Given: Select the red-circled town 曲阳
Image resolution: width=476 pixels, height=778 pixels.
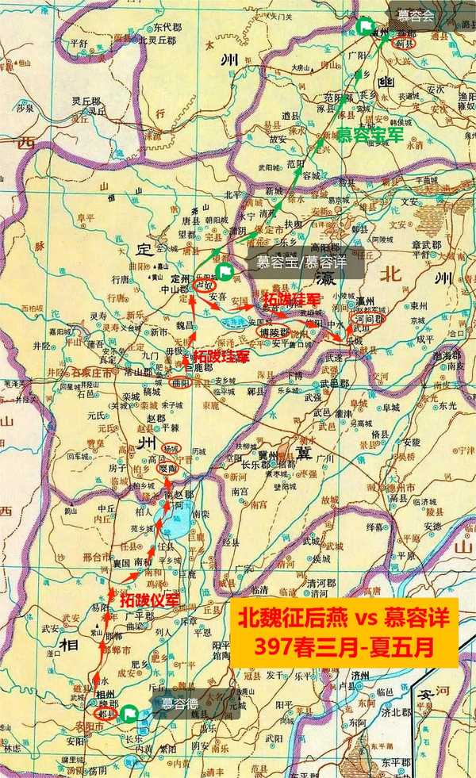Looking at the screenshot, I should pyautogui.click(x=181, y=382).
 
